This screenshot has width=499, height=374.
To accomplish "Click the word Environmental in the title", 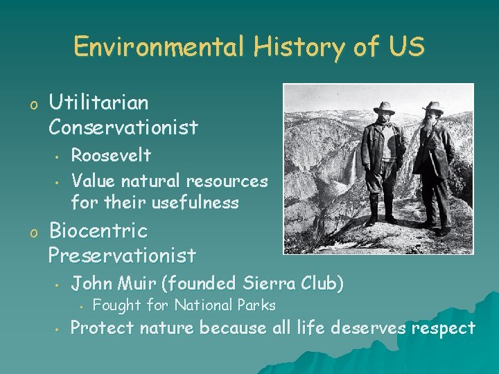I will pos(158,47).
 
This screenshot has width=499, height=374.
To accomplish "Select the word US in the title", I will pos(404,47).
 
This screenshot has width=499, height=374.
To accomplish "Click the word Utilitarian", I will pos(98,103).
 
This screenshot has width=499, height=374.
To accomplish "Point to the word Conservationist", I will pos(123,127).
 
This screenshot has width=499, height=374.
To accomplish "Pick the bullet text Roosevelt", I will pos(111,155).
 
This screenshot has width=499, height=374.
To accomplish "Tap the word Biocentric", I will pos(98,231).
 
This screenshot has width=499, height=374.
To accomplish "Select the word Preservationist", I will pos(122,256).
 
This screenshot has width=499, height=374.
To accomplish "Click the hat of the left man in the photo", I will pos(383,107).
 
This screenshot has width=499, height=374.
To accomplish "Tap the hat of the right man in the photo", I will pos(433,107).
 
